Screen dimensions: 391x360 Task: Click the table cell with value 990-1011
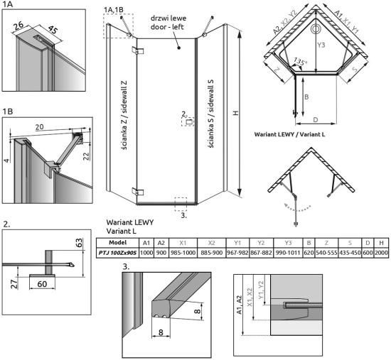pos(288,253)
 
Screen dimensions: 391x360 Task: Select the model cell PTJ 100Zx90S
pos(117,253)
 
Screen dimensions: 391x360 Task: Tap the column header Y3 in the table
pos(288,243)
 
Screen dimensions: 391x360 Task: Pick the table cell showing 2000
pos(381,253)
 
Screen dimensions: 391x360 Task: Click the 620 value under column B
pos(309,253)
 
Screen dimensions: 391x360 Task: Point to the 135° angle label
pos(299,61)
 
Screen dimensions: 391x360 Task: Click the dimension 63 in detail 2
pos(78,242)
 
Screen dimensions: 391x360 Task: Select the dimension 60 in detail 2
pos(42,284)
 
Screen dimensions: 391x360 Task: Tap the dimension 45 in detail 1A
pos(53,30)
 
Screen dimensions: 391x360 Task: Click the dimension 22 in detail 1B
pos(86,156)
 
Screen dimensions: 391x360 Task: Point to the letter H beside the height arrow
pos(235,113)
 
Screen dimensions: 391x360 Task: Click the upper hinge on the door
pos(138,50)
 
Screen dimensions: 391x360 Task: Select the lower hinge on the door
pos(138,192)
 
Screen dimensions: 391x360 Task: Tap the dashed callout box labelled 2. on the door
pos(188,122)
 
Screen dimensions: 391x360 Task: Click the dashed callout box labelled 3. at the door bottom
pos(181,204)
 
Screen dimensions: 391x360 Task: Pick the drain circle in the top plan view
pos(316,29)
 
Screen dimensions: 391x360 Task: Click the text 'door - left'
pos(167,27)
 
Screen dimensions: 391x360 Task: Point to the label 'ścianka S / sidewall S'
pos(210,114)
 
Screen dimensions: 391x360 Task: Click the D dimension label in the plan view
pos(316,120)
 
